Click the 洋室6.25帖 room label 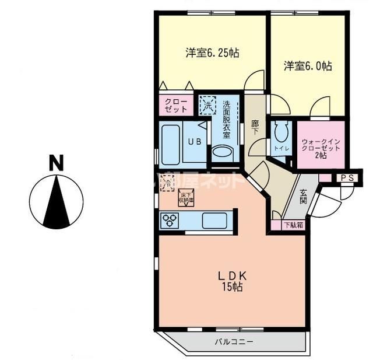(212, 53)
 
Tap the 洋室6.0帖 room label (308, 66)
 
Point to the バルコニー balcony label (234, 342)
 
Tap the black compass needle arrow (57, 201)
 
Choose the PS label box (347, 178)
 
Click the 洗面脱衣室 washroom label (226, 119)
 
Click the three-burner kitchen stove (172, 220)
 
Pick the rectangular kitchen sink (214, 221)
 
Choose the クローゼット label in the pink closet (176, 105)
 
